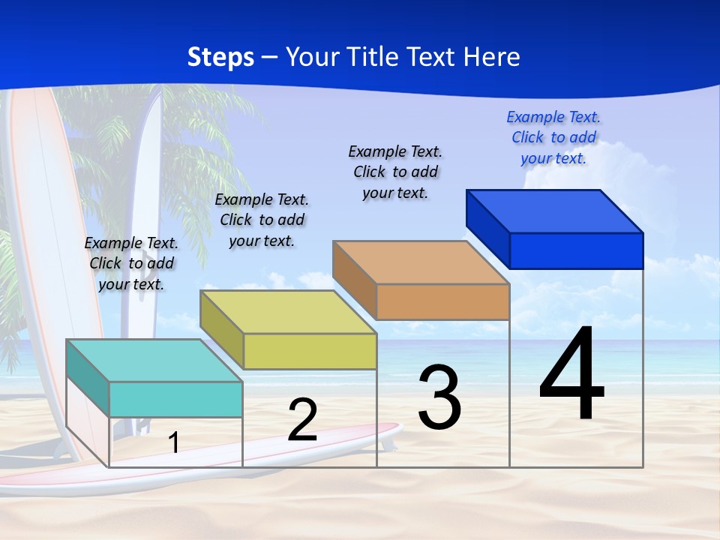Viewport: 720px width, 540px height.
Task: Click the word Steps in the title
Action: point(220,57)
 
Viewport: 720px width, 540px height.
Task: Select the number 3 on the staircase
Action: point(439,397)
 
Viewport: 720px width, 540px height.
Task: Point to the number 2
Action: point(302,420)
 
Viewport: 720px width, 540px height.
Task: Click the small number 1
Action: point(173,442)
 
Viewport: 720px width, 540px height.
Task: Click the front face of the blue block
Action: point(576,250)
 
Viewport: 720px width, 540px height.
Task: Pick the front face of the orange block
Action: point(442,301)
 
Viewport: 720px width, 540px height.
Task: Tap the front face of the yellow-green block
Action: point(310,351)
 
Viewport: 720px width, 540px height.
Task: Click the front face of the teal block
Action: point(175,399)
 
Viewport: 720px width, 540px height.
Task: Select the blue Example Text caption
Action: point(553,137)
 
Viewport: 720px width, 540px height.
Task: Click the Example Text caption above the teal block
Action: point(131,263)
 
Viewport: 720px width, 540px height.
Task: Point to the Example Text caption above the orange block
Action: point(395,172)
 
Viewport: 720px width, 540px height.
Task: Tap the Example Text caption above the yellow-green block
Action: point(262,220)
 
